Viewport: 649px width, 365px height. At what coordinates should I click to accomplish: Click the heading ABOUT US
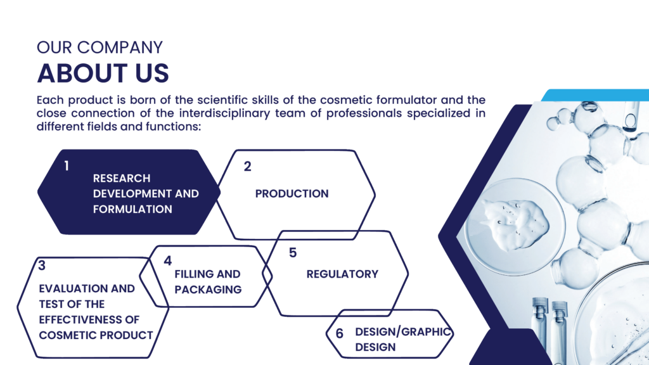click(103, 74)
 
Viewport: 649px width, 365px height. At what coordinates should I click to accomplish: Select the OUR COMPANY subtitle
click(100, 47)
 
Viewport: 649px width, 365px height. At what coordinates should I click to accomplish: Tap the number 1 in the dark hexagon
click(66, 166)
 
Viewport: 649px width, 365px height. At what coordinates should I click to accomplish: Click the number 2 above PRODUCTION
click(248, 167)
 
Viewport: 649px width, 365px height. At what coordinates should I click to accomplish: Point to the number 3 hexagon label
click(42, 266)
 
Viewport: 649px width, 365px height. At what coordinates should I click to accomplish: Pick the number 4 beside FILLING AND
click(167, 260)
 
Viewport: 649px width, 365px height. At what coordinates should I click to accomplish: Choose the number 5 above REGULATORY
click(293, 252)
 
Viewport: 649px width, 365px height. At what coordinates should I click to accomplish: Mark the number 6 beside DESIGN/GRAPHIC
click(340, 333)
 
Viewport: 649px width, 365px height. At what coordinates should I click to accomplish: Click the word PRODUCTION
click(292, 194)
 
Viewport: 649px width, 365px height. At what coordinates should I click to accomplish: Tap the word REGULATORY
click(342, 274)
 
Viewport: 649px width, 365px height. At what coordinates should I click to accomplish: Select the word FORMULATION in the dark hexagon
click(132, 209)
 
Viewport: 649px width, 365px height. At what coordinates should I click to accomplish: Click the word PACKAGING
click(208, 290)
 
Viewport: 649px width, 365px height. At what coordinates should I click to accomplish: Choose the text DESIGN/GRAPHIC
click(402, 332)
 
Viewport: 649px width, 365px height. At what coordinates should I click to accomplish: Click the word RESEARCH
click(122, 178)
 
